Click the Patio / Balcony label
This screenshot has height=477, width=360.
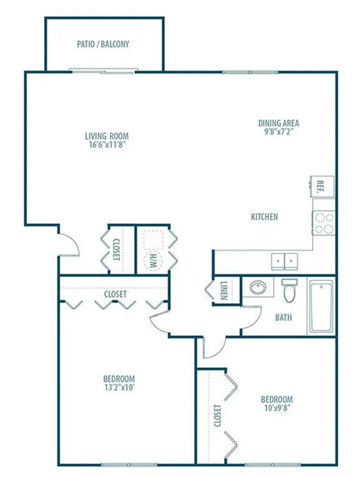click(x=103, y=44)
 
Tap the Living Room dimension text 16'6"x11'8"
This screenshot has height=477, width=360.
click(x=107, y=145)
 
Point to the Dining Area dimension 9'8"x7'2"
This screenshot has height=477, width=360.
click(x=278, y=132)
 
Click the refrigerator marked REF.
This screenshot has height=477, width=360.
click(x=323, y=187)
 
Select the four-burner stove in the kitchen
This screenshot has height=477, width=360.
click(x=324, y=223)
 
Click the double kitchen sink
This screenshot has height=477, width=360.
click(x=285, y=261)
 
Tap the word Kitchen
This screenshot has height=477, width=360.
click(x=264, y=217)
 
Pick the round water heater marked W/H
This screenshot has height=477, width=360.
click(x=153, y=261)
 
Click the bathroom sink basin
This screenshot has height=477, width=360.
click(x=258, y=287)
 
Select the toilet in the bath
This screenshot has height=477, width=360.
click(x=289, y=290)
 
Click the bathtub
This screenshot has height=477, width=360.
click(x=321, y=306)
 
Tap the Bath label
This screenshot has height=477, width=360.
click(x=283, y=317)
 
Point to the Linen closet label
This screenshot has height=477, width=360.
click(x=224, y=290)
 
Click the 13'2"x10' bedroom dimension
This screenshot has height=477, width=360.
click(x=119, y=388)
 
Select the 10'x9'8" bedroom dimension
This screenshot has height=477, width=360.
click(x=276, y=408)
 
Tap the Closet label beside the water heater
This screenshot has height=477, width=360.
click(x=116, y=249)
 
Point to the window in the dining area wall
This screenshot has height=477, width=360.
click(x=250, y=72)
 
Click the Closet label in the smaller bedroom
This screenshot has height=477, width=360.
click(x=217, y=415)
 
